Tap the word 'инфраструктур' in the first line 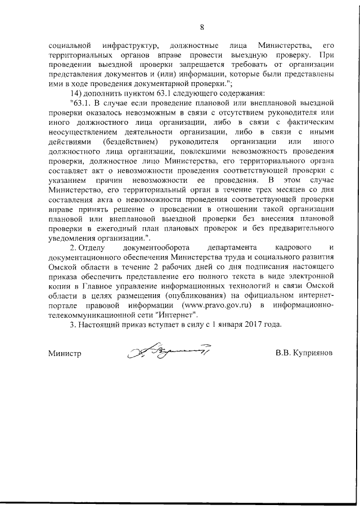[133, 44]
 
